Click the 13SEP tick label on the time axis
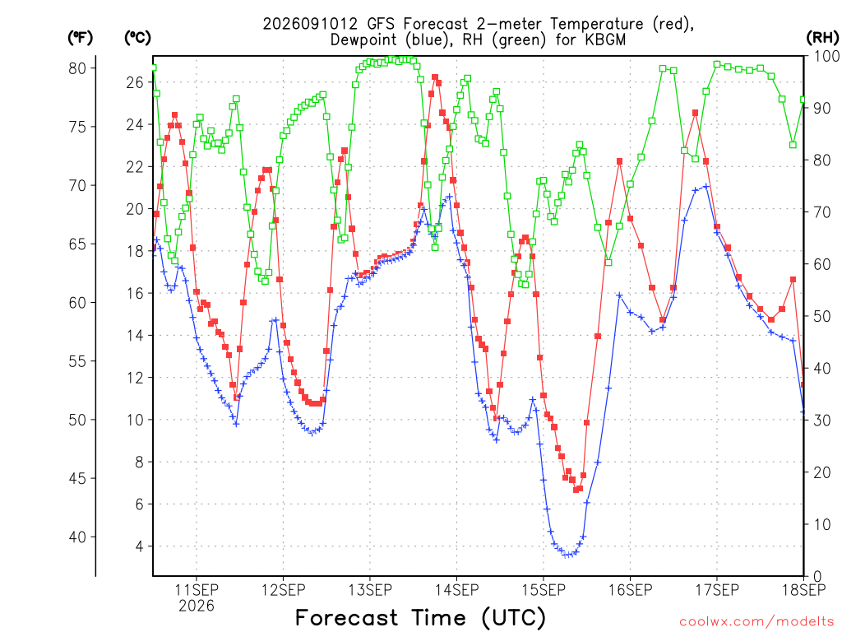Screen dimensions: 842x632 click(370, 589)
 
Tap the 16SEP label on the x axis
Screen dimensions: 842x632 click(630, 589)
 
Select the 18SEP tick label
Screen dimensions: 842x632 click(804, 589)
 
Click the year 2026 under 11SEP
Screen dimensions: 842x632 click(197, 606)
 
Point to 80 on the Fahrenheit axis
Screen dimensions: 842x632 click(77, 68)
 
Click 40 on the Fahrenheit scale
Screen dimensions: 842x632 click(77, 537)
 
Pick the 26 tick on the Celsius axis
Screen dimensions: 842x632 click(136, 82)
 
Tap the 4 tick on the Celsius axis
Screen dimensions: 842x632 click(140, 546)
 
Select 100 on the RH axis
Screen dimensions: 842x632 click(827, 57)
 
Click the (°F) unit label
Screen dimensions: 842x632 click(80, 38)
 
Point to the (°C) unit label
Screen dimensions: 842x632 click(137, 38)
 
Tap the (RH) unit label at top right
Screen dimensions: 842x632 click(822, 38)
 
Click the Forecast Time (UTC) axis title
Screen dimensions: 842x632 click(420, 618)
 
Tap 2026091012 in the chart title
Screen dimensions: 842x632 click(310, 24)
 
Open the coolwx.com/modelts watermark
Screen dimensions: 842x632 click(756, 622)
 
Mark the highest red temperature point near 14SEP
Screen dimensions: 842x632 click(435, 77)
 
